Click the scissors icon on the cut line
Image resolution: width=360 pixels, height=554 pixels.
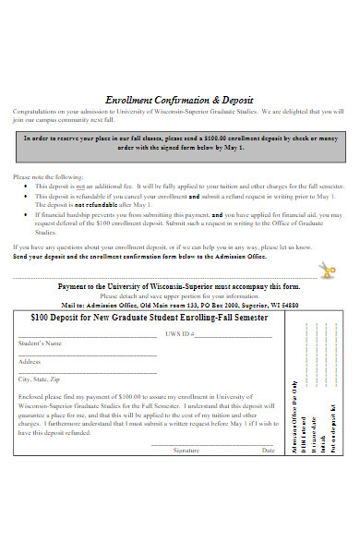tap(328, 271)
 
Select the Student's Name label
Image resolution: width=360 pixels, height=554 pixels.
tap(41, 343)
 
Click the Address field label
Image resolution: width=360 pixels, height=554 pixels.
tap(30, 361)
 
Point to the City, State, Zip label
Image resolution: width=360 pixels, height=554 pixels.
tap(40, 379)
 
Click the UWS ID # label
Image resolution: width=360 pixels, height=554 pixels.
tap(177, 333)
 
